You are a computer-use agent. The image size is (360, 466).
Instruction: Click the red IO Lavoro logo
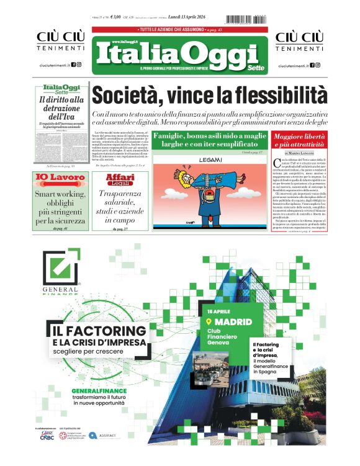(x=60, y=179)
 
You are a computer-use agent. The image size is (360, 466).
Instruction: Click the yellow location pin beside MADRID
(x=209, y=322)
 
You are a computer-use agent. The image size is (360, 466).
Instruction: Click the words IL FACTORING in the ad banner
(x=97, y=331)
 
